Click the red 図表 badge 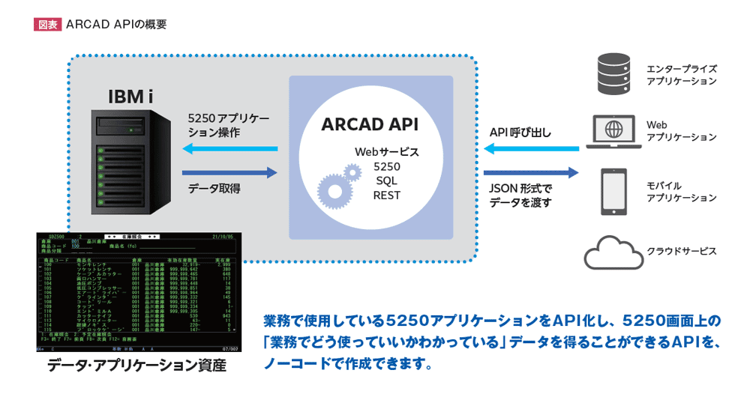coord(47,24)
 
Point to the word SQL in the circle coord(386,181)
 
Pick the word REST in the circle coord(386,196)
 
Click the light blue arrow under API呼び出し coord(532,149)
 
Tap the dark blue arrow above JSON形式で coord(532,173)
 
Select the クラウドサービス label coord(681,252)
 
